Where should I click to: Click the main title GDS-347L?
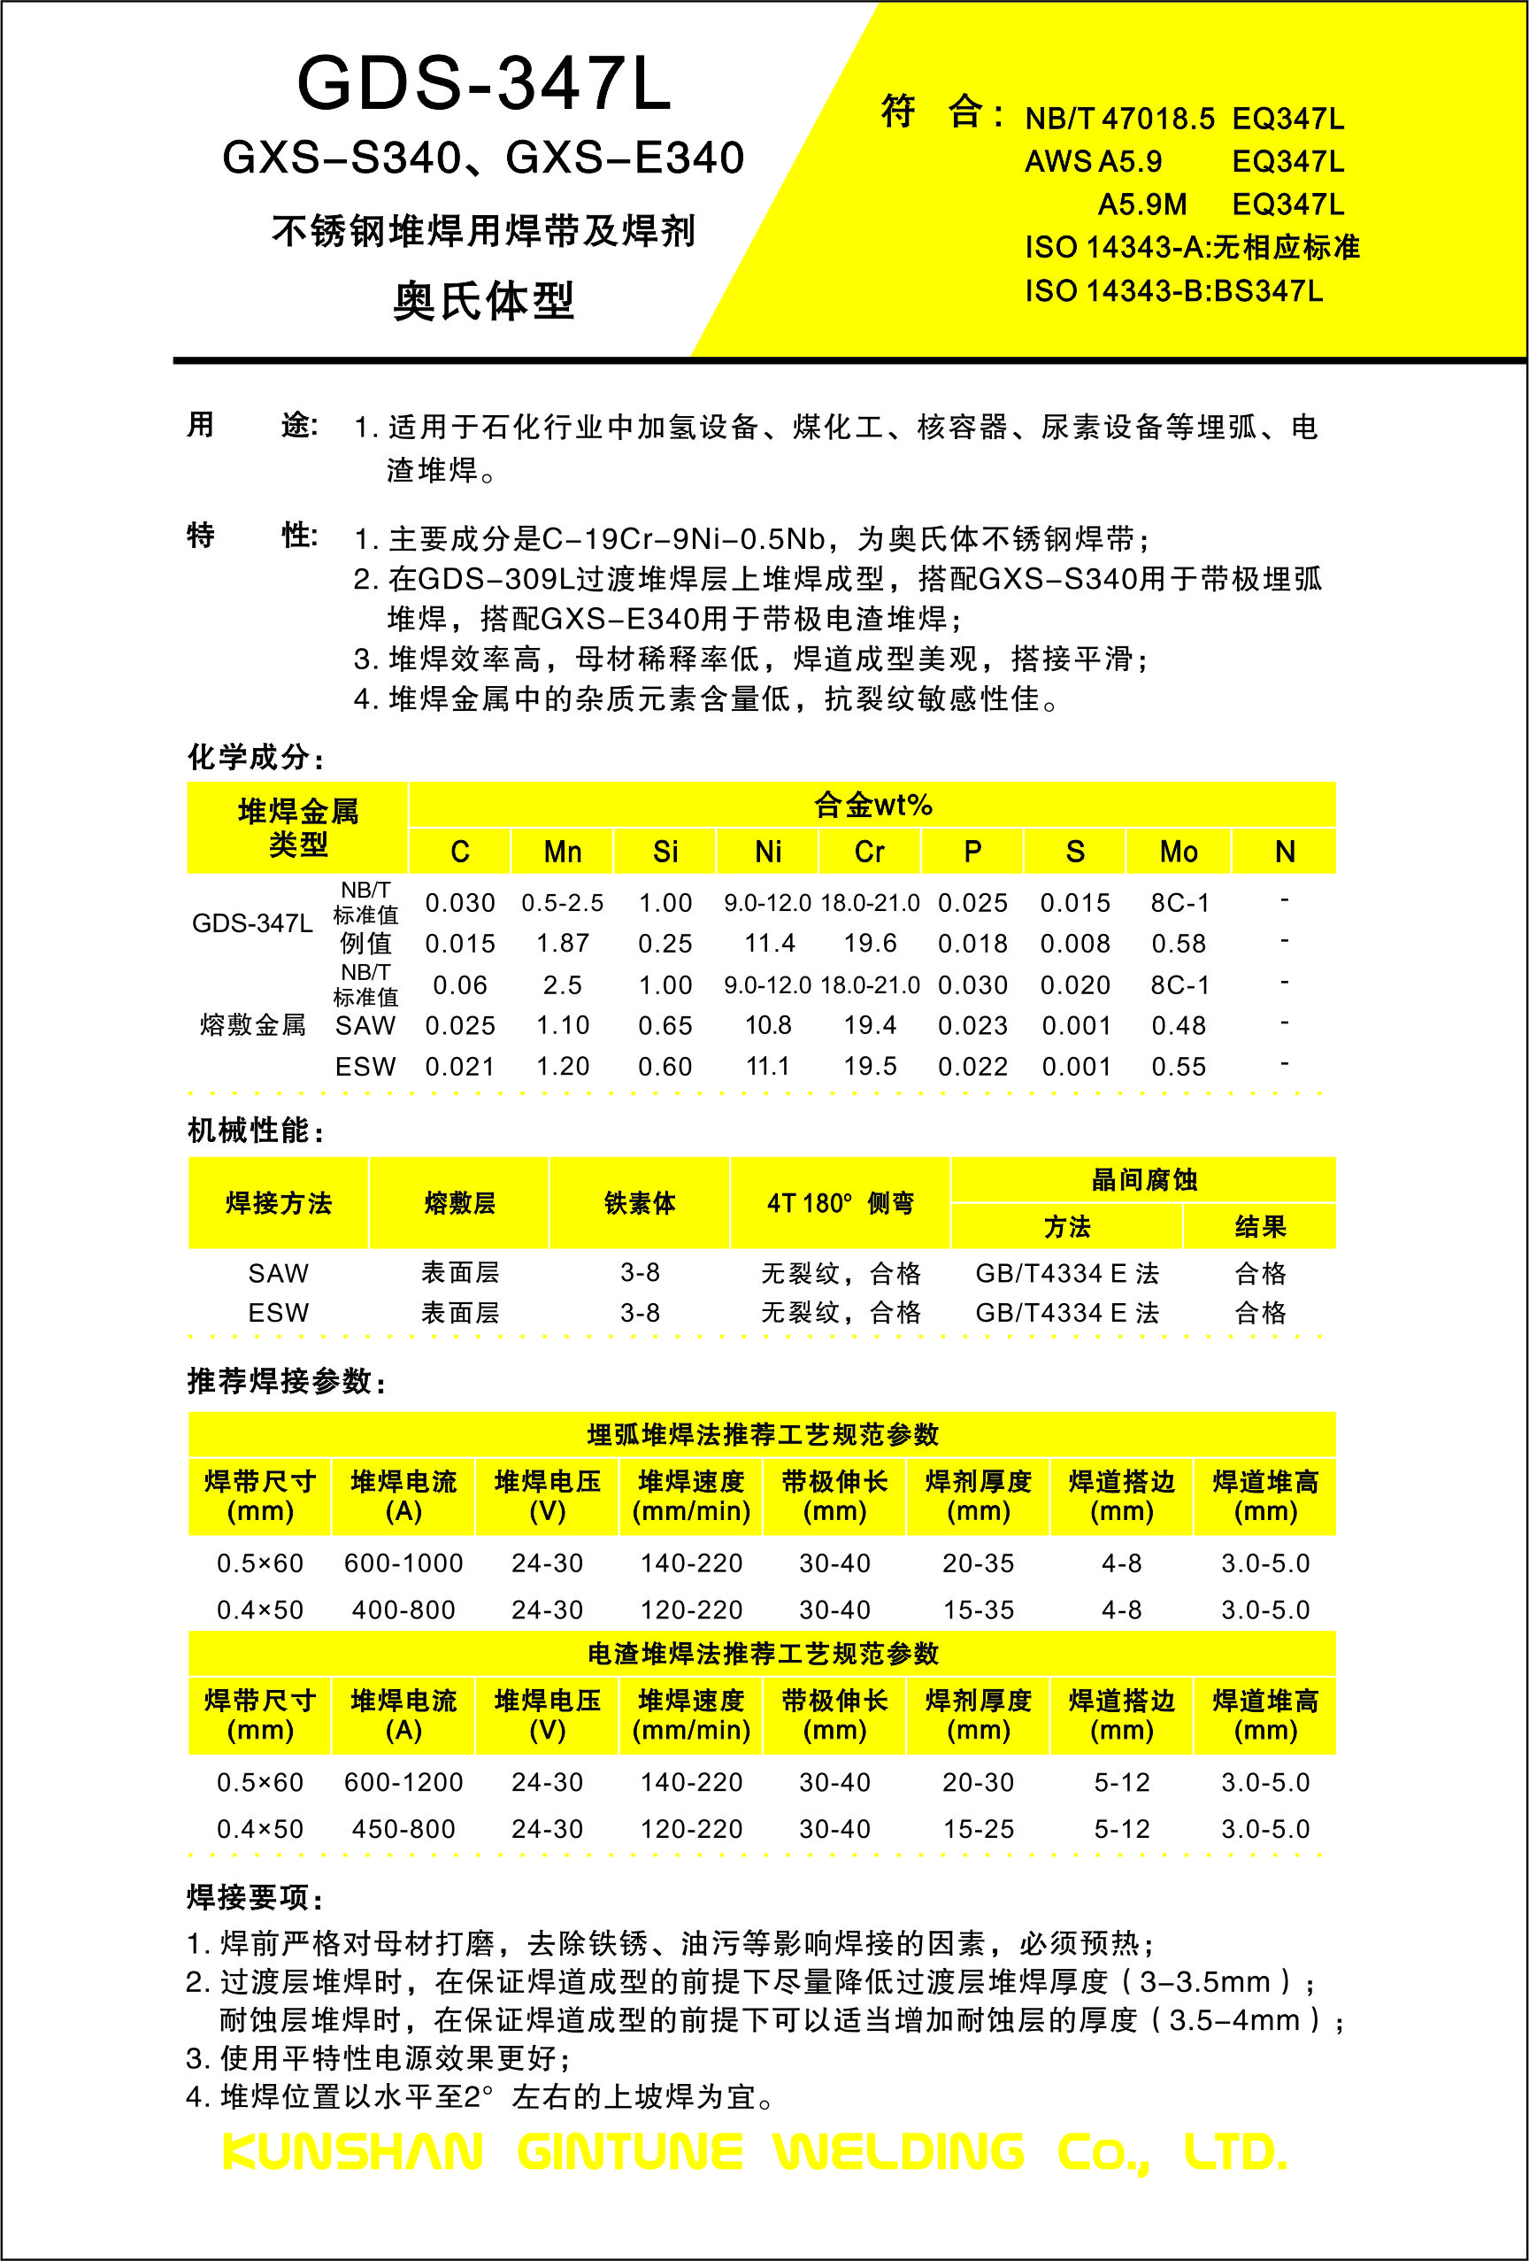click(483, 84)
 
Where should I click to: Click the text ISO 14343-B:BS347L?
click(1173, 291)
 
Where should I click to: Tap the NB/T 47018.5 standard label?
click(1118, 119)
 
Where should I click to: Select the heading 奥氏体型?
click(483, 301)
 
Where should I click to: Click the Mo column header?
click(1178, 853)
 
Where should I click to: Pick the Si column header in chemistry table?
click(665, 853)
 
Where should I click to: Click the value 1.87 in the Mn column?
click(562, 943)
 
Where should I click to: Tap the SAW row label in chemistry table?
click(365, 1025)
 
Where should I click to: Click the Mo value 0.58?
click(1178, 943)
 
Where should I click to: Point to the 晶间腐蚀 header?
click(1143, 1180)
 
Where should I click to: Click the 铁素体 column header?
click(639, 1203)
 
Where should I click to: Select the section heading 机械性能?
click(255, 1130)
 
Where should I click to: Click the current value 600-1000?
click(403, 1563)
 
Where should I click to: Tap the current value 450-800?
click(403, 1829)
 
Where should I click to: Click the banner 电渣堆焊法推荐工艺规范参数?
click(763, 1654)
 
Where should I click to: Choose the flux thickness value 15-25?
click(978, 1829)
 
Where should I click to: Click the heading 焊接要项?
click(255, 1897)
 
